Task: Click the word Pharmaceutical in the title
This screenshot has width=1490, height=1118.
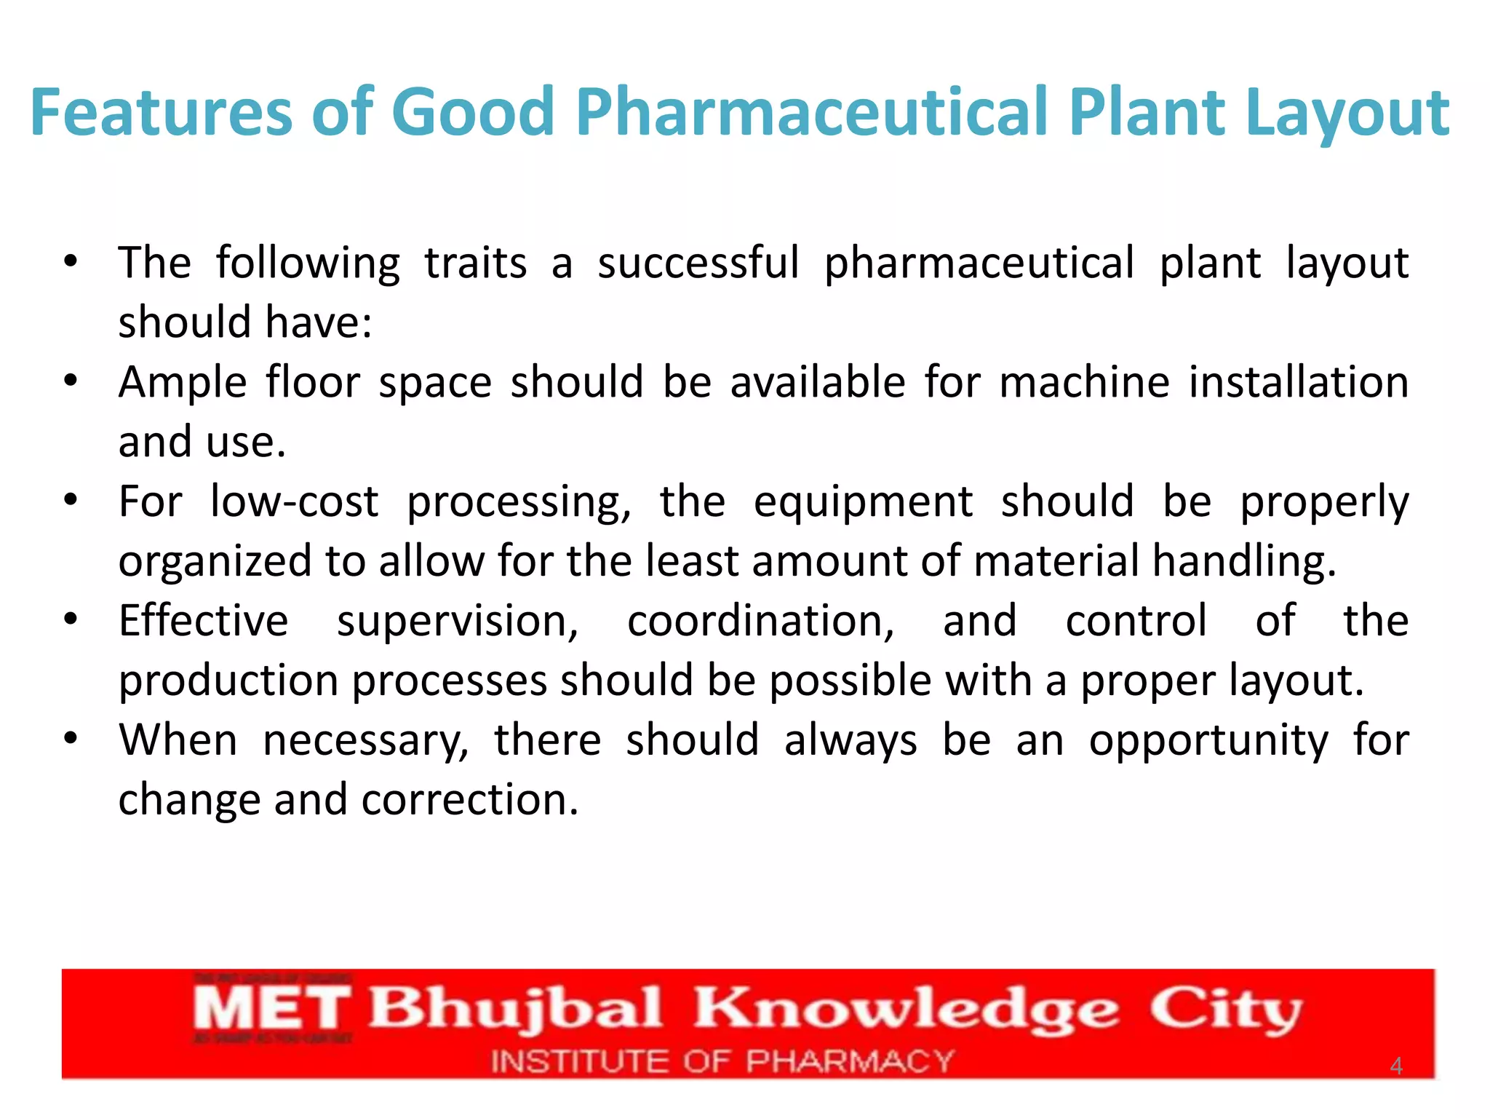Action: pos(813,113)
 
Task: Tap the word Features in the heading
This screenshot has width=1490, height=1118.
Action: pos(161,113)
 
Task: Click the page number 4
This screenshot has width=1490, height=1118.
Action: pos(1395,1066)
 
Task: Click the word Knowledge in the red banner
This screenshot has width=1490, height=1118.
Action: pos(905,1010)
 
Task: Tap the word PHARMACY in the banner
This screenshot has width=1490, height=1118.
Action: pos(850,1062)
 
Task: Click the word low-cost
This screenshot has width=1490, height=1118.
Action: pos(295,501)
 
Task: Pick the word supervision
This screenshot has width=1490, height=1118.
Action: pos(458,622)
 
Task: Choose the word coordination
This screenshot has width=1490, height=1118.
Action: pos(760,622)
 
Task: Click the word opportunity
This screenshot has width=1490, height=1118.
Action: pos(1208,741)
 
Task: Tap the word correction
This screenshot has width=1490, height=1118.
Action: pos(469,800)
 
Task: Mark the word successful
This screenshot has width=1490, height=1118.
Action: pos(698,263)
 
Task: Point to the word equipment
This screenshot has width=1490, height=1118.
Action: pos(863,501)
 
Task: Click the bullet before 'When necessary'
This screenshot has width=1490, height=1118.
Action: pos(71,739)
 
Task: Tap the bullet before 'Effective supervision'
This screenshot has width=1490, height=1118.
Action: pos(71,619)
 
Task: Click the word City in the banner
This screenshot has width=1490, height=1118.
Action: pos(1226,1010)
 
